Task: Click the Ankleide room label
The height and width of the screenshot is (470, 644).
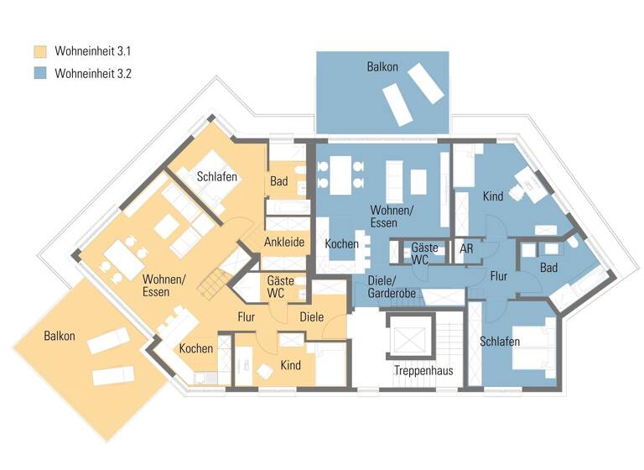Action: click(x=283, y=243)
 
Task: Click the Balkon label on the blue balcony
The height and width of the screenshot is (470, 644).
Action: click(x=382, y=66)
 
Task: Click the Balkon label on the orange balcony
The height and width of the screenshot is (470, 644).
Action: click(x=60, y=336)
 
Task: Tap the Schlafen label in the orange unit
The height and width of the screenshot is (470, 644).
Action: click(x=217, y=177)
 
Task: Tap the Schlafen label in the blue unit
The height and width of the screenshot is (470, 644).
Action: click(x=500, y=342)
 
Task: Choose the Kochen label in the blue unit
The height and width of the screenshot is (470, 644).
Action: click(x=341, y=244)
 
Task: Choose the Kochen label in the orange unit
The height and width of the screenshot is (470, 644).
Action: click(x=195, y=348)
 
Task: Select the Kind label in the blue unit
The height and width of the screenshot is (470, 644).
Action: click(x=492, y=196)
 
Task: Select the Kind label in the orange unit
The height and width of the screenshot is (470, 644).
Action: click(x=290, y=365)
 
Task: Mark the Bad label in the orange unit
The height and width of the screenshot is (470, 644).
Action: click(x=279, y=181)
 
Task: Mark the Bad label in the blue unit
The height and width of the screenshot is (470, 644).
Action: click(x=549, y=268)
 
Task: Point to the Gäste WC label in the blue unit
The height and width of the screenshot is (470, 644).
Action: click(x=419, y=254)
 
